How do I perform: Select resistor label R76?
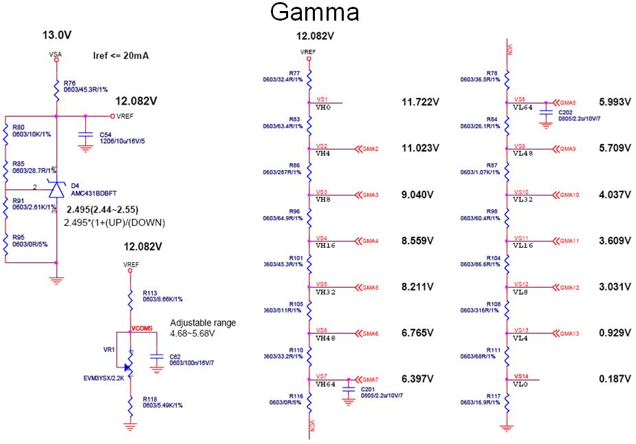click(x=70, y=82)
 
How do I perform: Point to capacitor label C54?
click(x=106, y=135)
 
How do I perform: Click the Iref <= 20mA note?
click(x=121, y=55)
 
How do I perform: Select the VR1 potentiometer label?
click(x=109, y=350)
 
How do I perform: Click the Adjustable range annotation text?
click(x=203, y=323)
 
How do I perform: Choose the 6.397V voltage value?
click(x=418, y=379)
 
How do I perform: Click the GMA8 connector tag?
click(x=567, y=102)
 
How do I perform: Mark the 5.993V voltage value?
click(x=615, y=102)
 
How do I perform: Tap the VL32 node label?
click(x=524, y=199)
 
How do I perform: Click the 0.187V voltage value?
click(x=615, y=379)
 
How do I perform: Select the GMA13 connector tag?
click(x=569, y=334)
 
